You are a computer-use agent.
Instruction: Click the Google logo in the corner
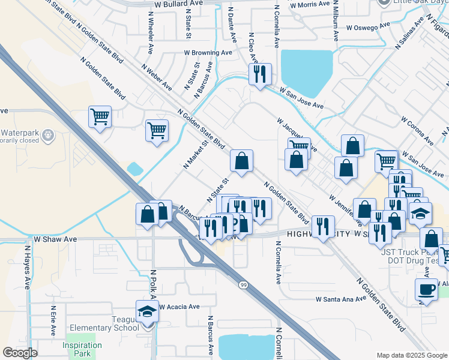pos(20,353)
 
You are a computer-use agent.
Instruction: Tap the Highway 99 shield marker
pos(243,284)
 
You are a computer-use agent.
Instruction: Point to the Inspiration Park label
pos(82,350)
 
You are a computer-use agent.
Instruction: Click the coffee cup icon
pos(426,289)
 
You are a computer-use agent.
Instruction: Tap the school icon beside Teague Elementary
pos(147,311)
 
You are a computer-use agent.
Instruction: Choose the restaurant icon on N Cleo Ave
pos(260,74)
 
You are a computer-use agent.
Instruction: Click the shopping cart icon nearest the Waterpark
pos(100,116)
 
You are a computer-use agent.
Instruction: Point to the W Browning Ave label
pos(208,53)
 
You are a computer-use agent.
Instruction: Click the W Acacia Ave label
pos(179,307)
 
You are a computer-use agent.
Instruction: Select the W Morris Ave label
pos(309,4)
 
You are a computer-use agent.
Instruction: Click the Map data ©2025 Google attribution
pos(411,355)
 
